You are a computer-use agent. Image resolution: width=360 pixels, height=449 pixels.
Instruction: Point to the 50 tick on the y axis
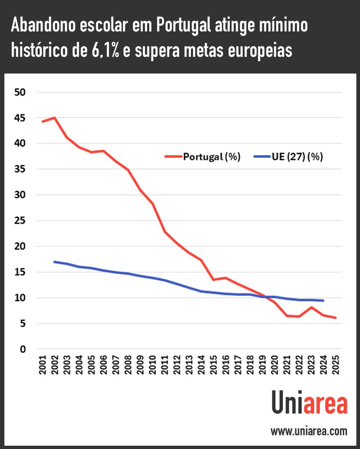pos(19,92)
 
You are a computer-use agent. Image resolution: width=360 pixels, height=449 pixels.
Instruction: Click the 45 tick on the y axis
pos(19,118)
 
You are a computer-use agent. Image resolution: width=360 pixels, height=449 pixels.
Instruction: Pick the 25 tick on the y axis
pos(19,221)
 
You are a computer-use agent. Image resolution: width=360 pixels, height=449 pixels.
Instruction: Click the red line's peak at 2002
pos(55,117)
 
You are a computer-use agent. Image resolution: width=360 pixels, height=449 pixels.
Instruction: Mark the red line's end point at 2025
pos(335,318)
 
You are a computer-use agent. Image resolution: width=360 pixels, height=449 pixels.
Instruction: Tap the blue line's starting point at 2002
pos(55,262)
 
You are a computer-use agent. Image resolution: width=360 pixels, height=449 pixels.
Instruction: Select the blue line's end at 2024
pos(323,300)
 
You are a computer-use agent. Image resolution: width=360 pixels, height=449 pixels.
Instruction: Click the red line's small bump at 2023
pos(311,308)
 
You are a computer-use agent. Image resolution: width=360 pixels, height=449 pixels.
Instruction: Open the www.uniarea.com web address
pos(309,431)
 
